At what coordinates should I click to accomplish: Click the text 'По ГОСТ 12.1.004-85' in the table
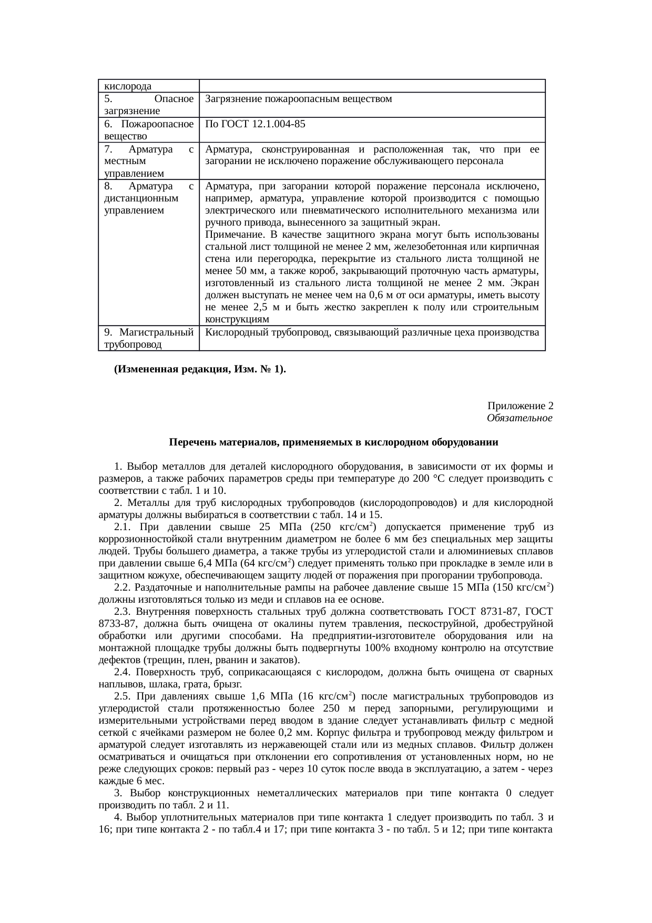tap(255, 125)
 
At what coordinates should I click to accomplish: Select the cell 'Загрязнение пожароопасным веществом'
tap(298, 99)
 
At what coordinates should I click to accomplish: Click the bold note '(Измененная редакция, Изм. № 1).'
tap(200, 369)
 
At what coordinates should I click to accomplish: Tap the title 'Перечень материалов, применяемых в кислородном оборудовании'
tap(333, 442)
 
